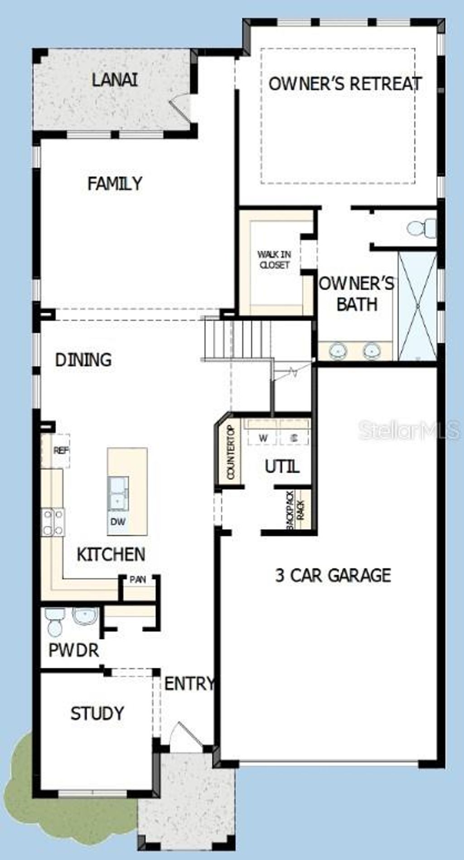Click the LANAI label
[115, 80]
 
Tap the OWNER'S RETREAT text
[345, 84]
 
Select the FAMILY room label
[115, 183]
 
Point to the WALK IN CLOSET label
[274, 260]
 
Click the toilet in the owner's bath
[421, 228]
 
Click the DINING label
[83, 360]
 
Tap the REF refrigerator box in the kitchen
[60, 451]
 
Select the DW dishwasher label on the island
[118, 522]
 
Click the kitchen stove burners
[53, 522]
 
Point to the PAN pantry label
[138, 580]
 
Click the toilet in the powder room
[55, 622]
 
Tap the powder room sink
[85, 616]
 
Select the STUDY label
[97, 714]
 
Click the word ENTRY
[189, 684]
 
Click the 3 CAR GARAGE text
[333, 575]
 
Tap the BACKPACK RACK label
[295, 510]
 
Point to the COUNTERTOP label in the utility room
[231, 452]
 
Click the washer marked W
[263, 438]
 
